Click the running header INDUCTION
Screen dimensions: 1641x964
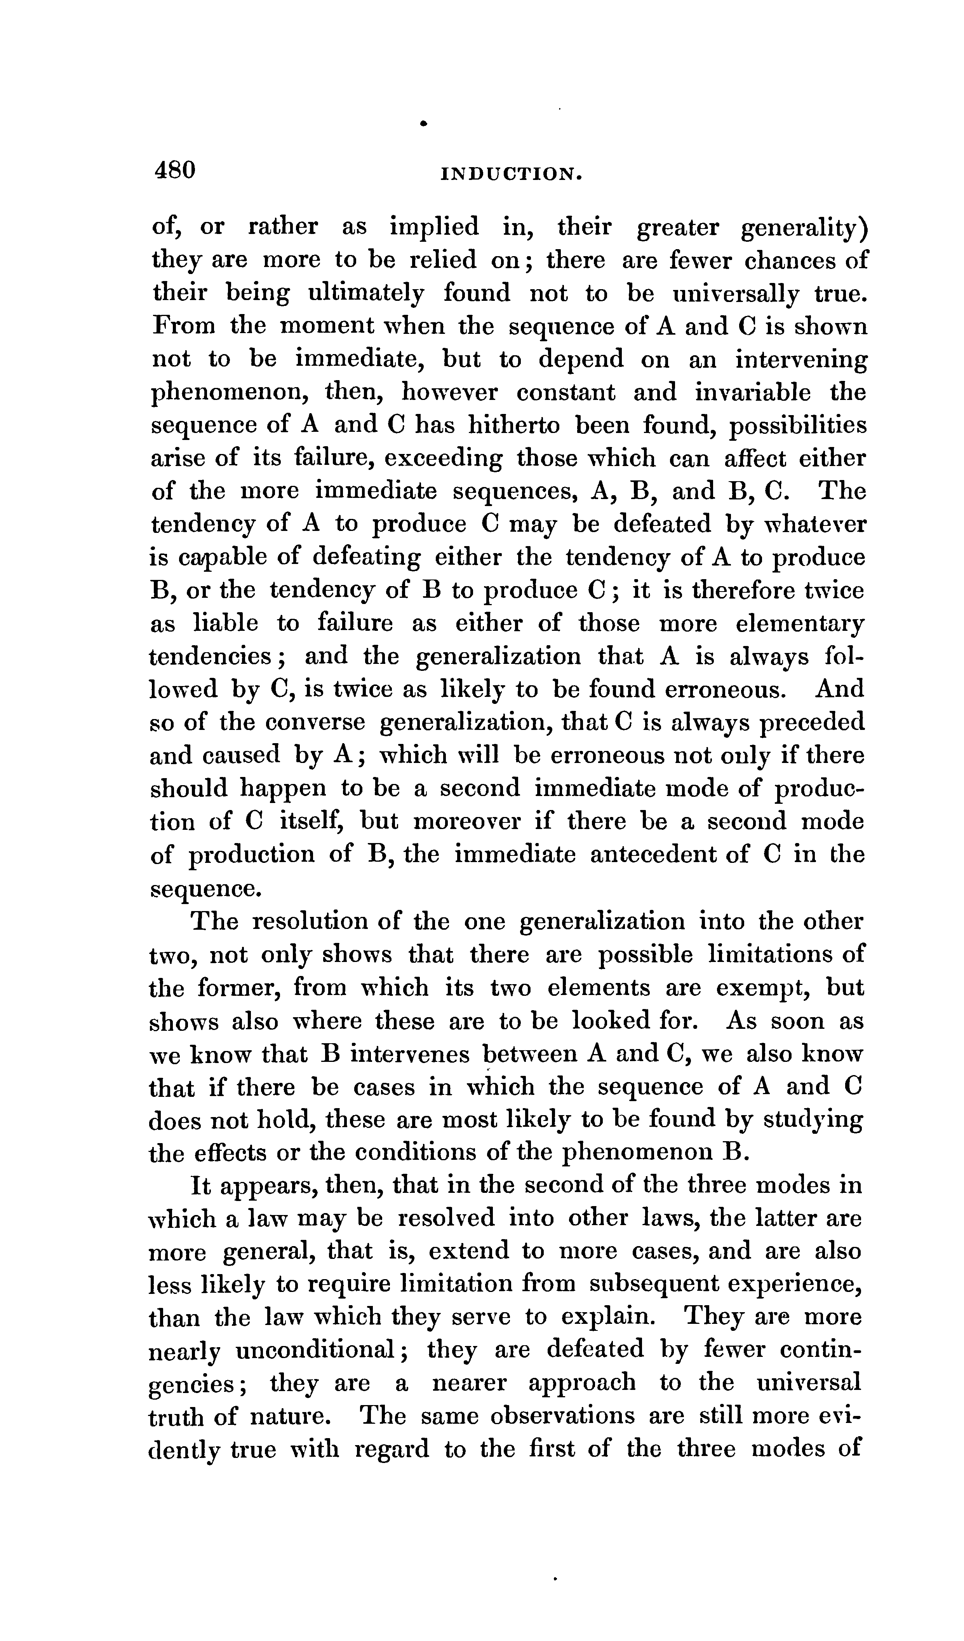coord(510,174)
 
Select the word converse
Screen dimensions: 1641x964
coord(316,722)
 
